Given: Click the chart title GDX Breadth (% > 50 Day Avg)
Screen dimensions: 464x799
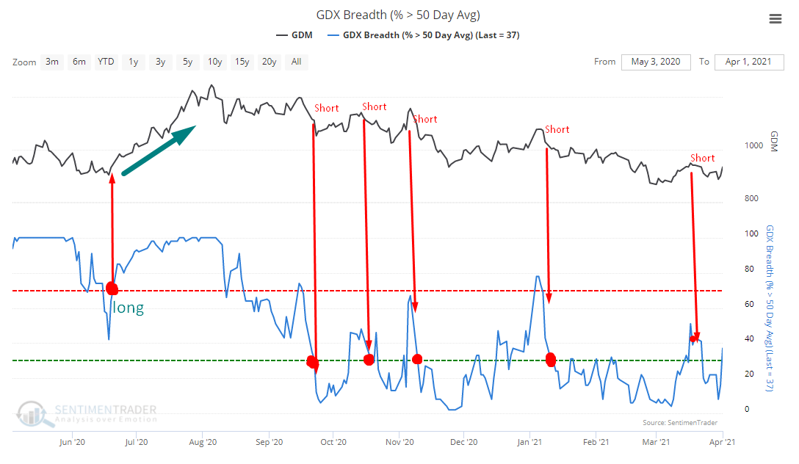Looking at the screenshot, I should click(399, 15).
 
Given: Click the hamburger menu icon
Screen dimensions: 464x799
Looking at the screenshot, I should click(775, 19).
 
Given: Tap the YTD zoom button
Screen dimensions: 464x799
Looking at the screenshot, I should click(106, 62).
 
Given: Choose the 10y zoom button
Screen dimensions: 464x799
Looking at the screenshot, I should click(214, 62).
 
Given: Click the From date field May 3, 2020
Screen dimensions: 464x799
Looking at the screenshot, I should click(655, 62).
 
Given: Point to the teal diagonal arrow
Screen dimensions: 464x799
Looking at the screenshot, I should click(159, 151).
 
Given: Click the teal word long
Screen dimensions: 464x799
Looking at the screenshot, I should click(129, 308).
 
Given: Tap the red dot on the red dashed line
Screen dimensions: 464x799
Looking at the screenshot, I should click(112, 288).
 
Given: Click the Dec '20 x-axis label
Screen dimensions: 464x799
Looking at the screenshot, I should click(463, 442).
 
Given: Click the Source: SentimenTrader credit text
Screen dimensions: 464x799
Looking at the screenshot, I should click(671, 423).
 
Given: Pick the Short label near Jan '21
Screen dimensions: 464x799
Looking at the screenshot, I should click(557, 129).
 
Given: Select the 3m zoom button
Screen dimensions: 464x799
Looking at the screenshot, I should click(52, 62).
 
